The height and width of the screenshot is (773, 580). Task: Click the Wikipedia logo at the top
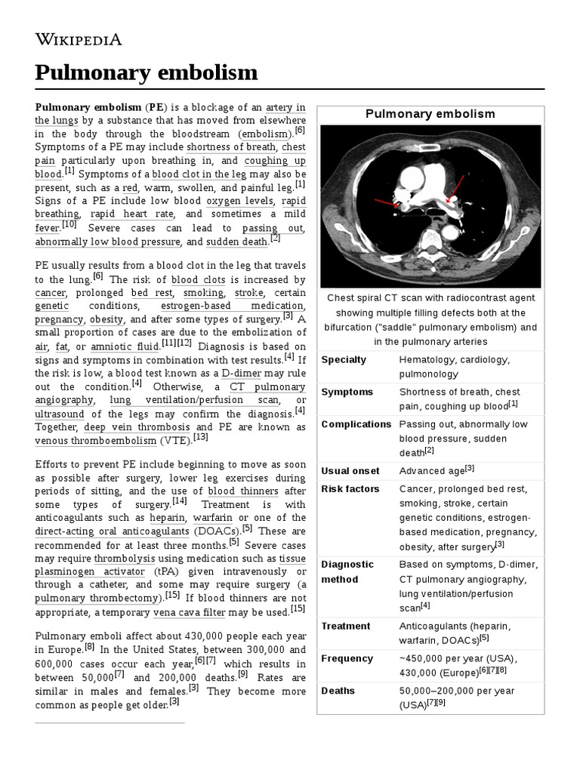click(79, 39)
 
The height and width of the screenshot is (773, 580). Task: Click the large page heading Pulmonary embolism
click(147, 72)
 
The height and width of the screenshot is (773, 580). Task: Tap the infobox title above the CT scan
click(430, 114)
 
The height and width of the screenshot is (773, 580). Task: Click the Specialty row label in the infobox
click(344, 359)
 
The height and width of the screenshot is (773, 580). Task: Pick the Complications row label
click(356, 424)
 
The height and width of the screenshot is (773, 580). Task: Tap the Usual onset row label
click(350, 471)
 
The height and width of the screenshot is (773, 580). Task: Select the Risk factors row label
click(350, 489)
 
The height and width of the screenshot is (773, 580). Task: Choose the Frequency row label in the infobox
click(347, 658)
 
